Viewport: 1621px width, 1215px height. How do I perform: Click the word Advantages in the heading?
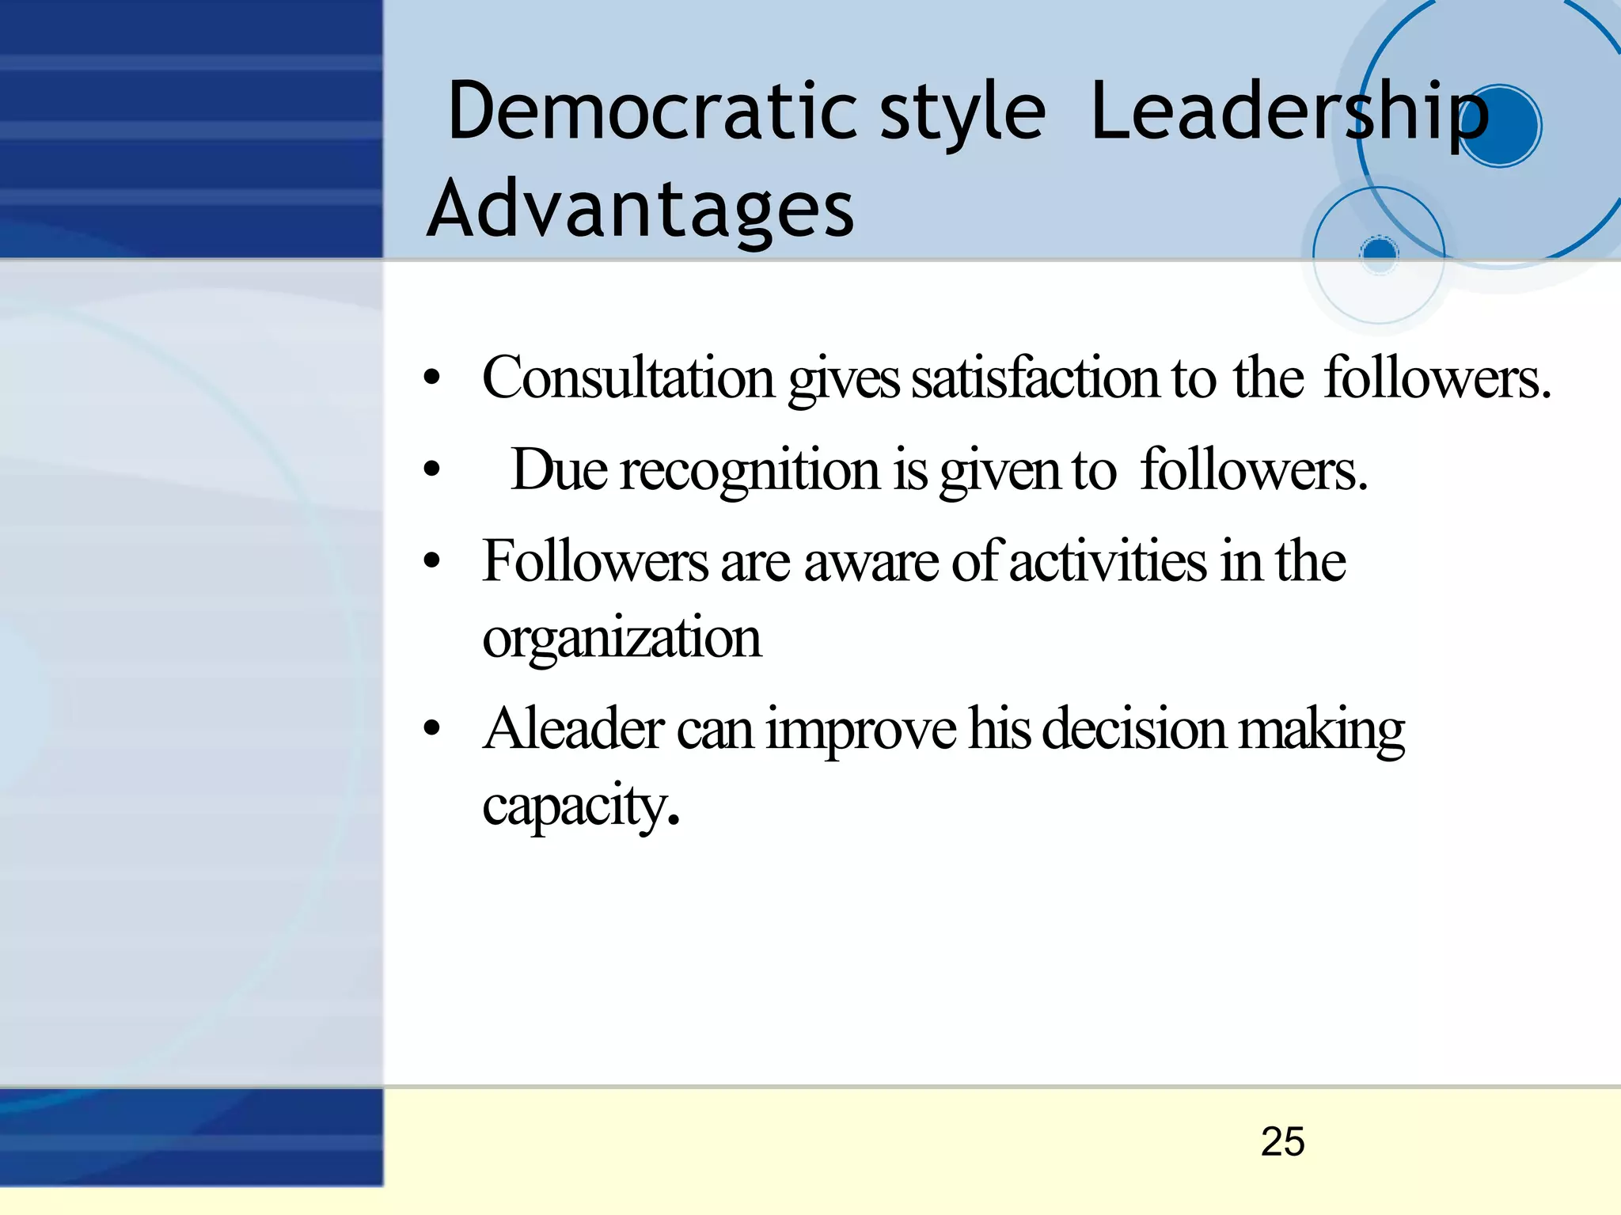click(640, 209)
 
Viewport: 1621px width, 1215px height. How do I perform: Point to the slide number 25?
click(1282, 1141)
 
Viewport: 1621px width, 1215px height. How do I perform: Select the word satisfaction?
click(1035, 378)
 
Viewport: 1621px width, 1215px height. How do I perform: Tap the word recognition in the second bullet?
click(750, 470)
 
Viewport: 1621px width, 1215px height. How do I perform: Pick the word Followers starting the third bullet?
click(595, 561)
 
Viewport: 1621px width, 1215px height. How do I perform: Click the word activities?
click(1108, 561)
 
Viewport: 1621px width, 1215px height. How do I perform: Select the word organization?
click(621, 638)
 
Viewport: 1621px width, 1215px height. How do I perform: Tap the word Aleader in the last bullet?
click(573, 729)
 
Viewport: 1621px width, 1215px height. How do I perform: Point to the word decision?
click(1133, 729)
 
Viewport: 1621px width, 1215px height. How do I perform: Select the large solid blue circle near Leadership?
click(1498, 126)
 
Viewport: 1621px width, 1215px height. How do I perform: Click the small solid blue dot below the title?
click(1380, 252)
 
